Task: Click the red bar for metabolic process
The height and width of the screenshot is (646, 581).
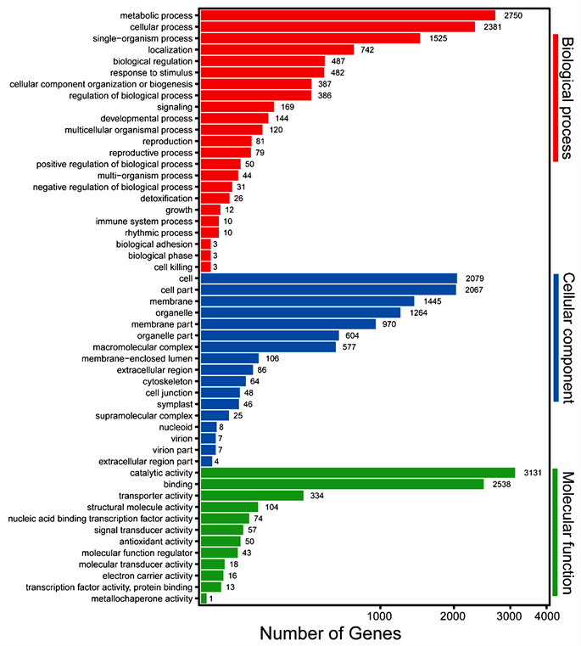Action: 348,15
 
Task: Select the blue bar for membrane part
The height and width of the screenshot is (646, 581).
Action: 288,323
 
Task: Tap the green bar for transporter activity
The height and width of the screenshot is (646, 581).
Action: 252,495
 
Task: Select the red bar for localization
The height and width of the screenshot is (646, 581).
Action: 277,50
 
